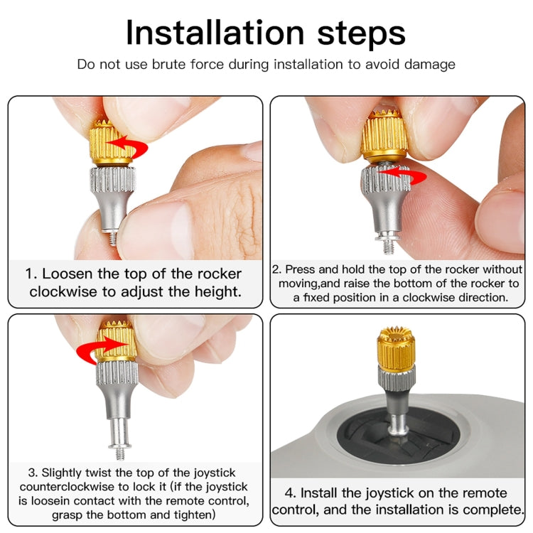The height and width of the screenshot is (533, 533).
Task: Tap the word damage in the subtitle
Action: point(430,65)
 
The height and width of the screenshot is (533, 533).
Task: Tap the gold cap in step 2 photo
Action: point(384,135)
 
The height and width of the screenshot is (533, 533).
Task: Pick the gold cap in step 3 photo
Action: point(118,341)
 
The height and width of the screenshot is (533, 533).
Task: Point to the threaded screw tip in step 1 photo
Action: point(113,239)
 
